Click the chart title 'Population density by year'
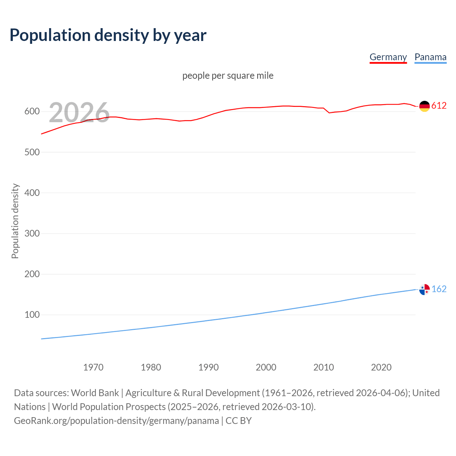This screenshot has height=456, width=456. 108,35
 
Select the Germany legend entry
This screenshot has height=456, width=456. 388,57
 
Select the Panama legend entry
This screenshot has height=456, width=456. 430,57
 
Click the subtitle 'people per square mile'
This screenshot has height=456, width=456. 228,76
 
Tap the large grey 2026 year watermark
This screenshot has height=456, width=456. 79,113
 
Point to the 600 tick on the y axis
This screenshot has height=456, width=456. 32,112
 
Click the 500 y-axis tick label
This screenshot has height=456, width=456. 32,152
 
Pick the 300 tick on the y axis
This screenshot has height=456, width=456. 32,233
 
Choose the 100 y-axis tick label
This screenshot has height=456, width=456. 32,315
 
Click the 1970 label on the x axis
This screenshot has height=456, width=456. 93,367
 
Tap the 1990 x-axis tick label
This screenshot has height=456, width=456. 208,367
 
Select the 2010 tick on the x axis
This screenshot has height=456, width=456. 323,367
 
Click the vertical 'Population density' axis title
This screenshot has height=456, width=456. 15,221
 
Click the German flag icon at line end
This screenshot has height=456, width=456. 424,106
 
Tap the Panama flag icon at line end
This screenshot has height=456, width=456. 424,289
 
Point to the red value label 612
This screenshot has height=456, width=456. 439,106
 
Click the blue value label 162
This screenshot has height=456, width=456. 439,289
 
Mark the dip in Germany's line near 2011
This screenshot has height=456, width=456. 329,113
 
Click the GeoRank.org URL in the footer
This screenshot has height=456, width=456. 116,421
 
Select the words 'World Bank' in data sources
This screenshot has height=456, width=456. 95,393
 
